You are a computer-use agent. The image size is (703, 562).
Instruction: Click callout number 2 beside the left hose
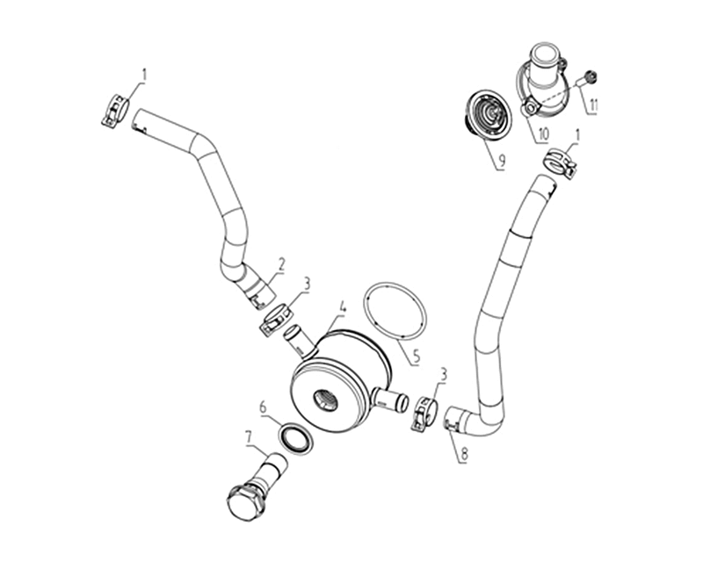click(x=280, y=265)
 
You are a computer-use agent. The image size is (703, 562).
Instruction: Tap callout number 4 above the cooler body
click(x=343, y=307)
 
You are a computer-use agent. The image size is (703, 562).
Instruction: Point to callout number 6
click(x=263, y=407)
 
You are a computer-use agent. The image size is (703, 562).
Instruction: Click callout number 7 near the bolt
click(x=249, y=436)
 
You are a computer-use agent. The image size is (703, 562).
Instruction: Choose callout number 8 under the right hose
click(x=463, y=454)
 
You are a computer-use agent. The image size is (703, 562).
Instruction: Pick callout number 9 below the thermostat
click(x=502, y=161)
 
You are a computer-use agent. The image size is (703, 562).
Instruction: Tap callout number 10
click(x=543, y=134)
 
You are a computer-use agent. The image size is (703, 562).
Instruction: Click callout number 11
click(x=593, y=105)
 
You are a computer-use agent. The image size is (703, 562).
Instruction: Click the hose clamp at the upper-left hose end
click(x=115, y=111)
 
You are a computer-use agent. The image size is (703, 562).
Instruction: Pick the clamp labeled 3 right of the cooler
click(x=424, y=414)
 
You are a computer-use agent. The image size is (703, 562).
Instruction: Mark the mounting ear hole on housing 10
click(x=532, y=108)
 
